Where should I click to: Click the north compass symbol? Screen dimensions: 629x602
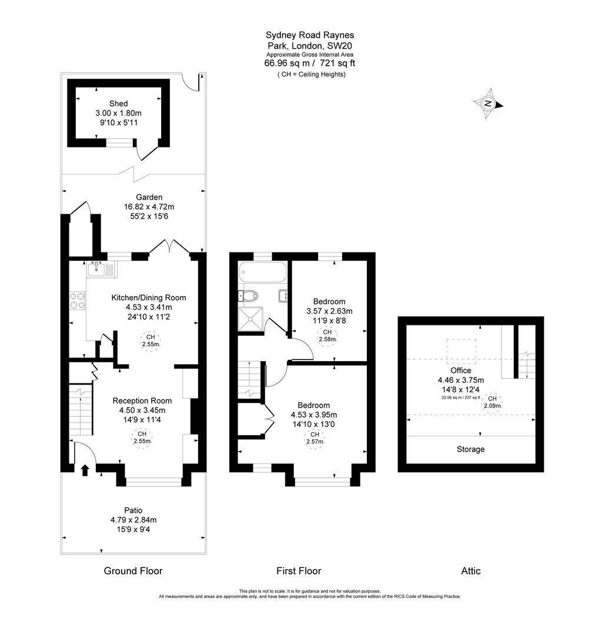coord(488,104)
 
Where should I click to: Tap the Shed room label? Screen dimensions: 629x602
coord(118,103)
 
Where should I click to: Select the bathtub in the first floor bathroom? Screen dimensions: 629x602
coord(263,273)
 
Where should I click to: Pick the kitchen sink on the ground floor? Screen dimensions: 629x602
coord(101,269)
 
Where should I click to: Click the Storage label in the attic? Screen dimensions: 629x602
coord(471,449)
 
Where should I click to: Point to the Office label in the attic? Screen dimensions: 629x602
coord(461,371)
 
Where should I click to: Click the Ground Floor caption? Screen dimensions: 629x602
coord(133,570)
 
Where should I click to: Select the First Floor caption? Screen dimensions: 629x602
coord(299,570)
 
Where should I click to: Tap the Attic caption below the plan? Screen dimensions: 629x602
coord(471,570)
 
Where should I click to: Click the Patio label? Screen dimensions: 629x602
coord(133,510)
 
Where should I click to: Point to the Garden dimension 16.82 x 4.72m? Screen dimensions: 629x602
coord(149,207)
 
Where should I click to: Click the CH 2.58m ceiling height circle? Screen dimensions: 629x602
coord(327,335)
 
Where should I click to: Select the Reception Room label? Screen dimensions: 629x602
coord(142,401)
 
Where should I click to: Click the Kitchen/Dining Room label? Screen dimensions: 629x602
coord(149,297)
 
